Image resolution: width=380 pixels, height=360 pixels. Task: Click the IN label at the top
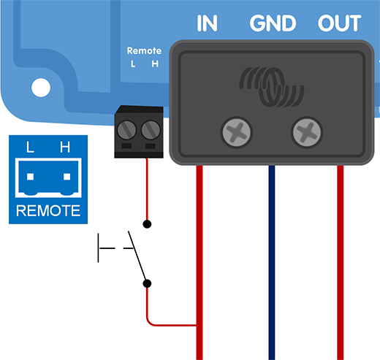point(208,23)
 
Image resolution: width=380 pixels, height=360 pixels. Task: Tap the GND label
point(273,23)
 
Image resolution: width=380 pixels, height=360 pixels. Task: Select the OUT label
point(339,23)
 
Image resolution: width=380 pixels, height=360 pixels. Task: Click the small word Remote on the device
point(144,51)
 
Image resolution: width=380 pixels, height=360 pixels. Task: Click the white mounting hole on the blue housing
point(40,88)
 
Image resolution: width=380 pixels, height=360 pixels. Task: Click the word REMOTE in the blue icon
point(47,212)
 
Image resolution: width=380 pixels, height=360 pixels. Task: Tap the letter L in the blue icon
point(30,148)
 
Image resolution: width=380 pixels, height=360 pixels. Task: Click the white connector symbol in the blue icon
point(47,180)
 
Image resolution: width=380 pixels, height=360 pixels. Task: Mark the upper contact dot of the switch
point(147,223)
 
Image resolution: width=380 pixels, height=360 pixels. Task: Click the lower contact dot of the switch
point(147,283)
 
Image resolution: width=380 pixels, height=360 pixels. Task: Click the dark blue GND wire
point(271,263)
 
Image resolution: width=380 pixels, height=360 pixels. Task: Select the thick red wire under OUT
point(340,263)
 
